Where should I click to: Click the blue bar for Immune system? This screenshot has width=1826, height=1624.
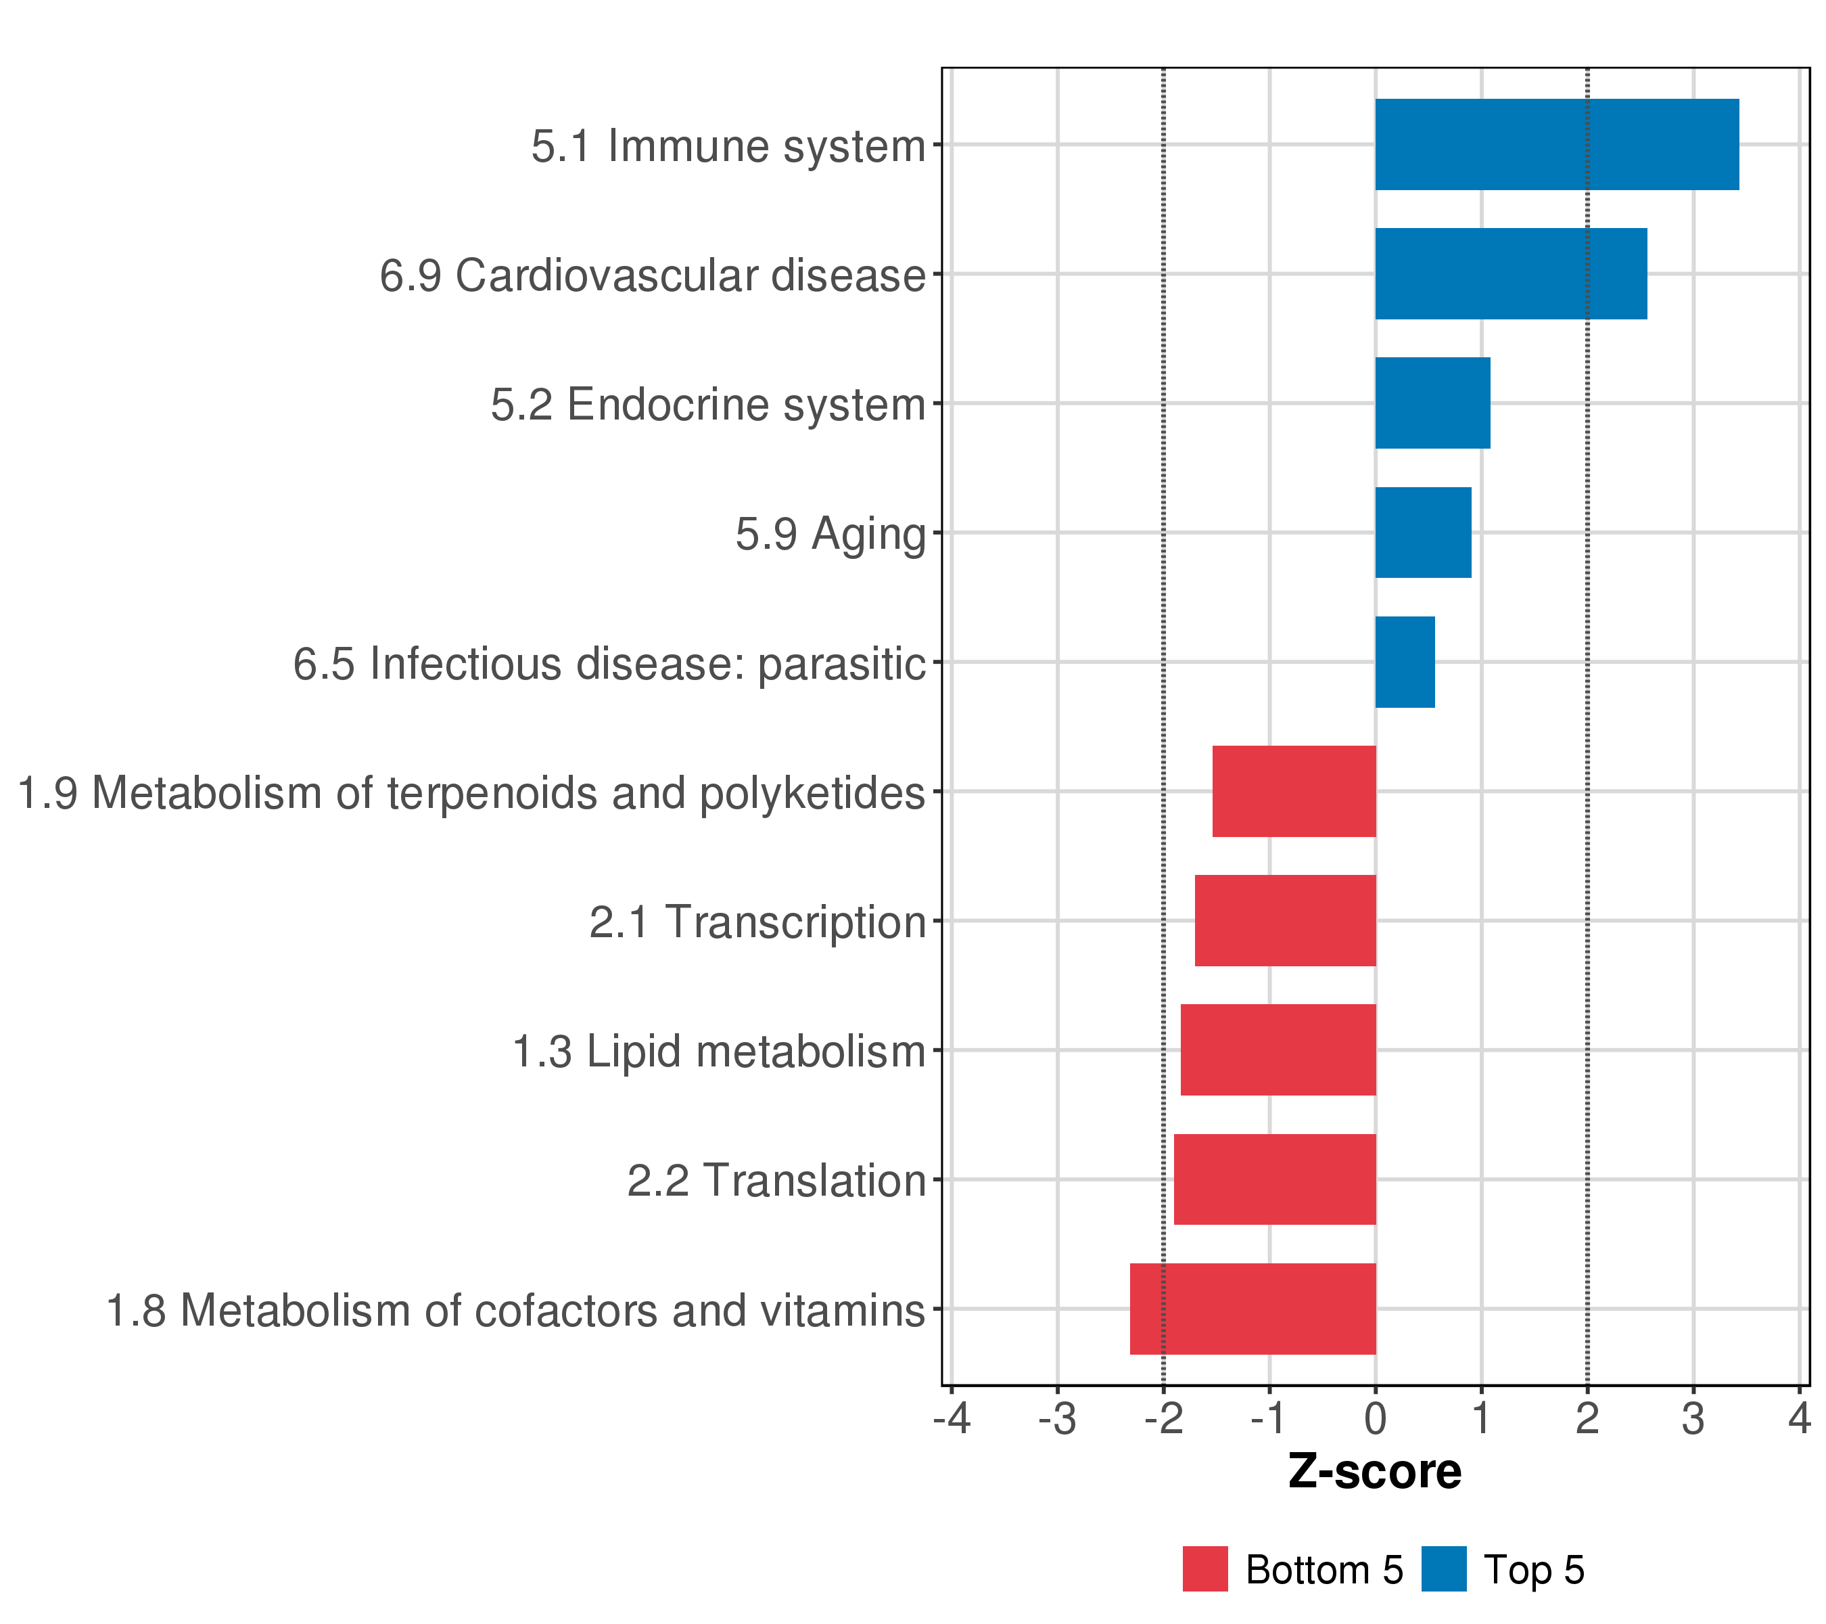1556,145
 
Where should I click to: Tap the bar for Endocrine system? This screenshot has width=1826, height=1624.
1432,403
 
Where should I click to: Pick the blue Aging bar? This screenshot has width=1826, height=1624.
1422,533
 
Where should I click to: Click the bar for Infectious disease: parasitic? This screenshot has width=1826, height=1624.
1405,662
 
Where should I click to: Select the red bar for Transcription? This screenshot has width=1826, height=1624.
1285,920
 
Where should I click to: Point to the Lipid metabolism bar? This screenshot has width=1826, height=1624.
1278,1050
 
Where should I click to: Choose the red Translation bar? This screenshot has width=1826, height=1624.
1274,1180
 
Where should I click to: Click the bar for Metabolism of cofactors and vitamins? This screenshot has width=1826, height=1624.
1253,1309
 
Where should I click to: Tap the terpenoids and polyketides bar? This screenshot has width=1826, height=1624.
1294,791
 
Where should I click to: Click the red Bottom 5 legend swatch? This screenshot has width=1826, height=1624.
1205,1569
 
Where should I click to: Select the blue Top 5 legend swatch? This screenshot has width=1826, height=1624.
1444,1569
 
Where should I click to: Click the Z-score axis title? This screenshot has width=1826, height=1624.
1375,1472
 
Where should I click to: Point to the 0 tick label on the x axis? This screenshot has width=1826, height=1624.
1376,1420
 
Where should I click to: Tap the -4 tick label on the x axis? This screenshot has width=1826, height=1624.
952,1420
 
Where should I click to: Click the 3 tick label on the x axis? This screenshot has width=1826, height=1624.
1693,1420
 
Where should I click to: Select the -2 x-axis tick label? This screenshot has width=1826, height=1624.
1163,1420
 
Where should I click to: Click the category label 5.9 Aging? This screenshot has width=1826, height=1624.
830,535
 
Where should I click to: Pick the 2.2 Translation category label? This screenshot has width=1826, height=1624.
776,1181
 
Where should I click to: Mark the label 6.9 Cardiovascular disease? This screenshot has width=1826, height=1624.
652,275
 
